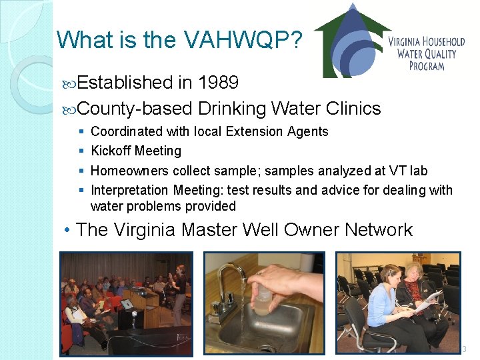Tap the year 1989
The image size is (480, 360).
[217, 83]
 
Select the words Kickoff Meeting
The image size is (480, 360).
[136, 151]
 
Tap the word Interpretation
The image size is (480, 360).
[130, 191]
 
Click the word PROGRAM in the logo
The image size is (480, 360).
[427, 65]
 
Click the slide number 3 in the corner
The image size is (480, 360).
[465, 349]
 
